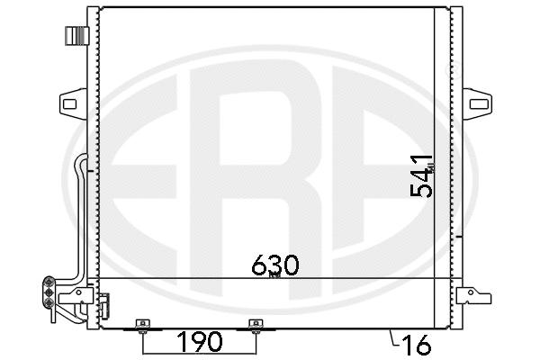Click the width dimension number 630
tap(274, 265)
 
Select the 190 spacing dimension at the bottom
tap(199, 343)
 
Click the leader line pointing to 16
tap(392, 339)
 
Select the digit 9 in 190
tap(199, 343)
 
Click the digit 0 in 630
tap(290, 265)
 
